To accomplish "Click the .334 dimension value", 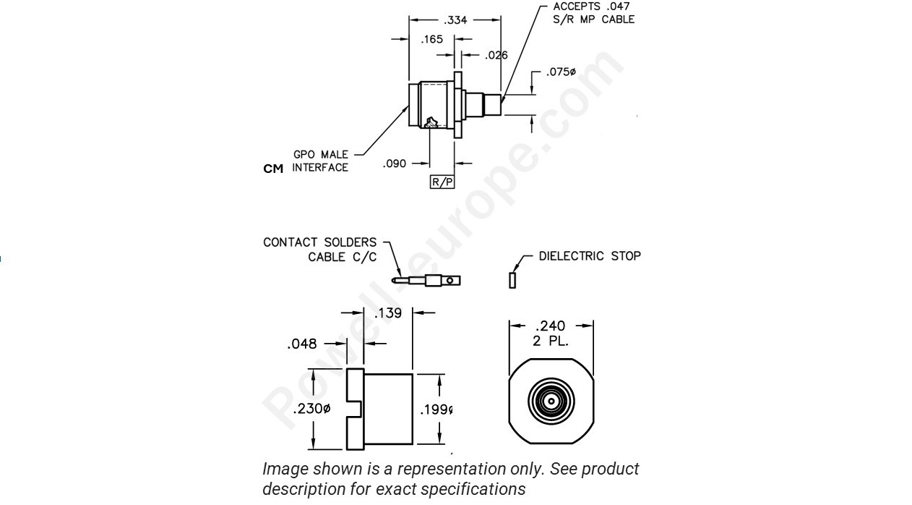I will tap(455, 20).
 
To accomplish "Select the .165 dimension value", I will tap(432, 40).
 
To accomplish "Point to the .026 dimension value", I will tap(496, 55).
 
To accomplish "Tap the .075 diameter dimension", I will tap(561, 72).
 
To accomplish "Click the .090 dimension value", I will tap(395, 164).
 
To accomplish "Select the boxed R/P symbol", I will tap(442, 182).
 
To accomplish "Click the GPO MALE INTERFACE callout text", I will tap(320, 161).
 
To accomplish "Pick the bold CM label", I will tap(273, 169).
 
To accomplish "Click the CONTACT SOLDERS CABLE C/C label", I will tap(320, 250).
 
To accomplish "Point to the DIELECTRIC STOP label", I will tap(590, 256).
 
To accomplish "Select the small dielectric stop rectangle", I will tap(512, 279).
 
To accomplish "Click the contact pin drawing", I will tap(426, 280).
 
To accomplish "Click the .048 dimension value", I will tap(302, 344).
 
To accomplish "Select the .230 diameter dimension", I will tap(311, 409).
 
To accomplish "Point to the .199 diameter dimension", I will tap(436, 410).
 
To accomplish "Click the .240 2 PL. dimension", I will tap(551, 332).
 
